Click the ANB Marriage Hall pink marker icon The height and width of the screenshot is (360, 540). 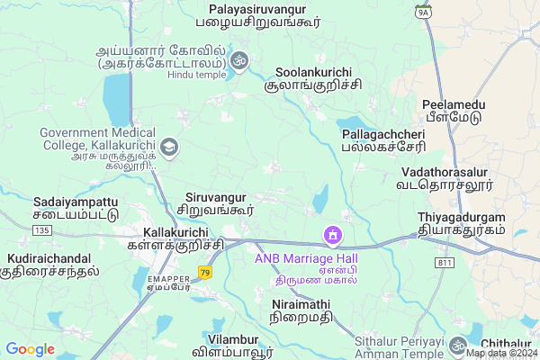(333, 236)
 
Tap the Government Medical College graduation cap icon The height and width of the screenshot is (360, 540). (169, 146)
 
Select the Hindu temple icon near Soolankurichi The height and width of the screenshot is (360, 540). (238, 61)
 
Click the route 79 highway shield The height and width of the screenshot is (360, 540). (206, 273)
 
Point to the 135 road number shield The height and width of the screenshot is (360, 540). (40, 231)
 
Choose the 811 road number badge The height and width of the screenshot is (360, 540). (443, 263)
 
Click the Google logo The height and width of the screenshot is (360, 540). (31, 348)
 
